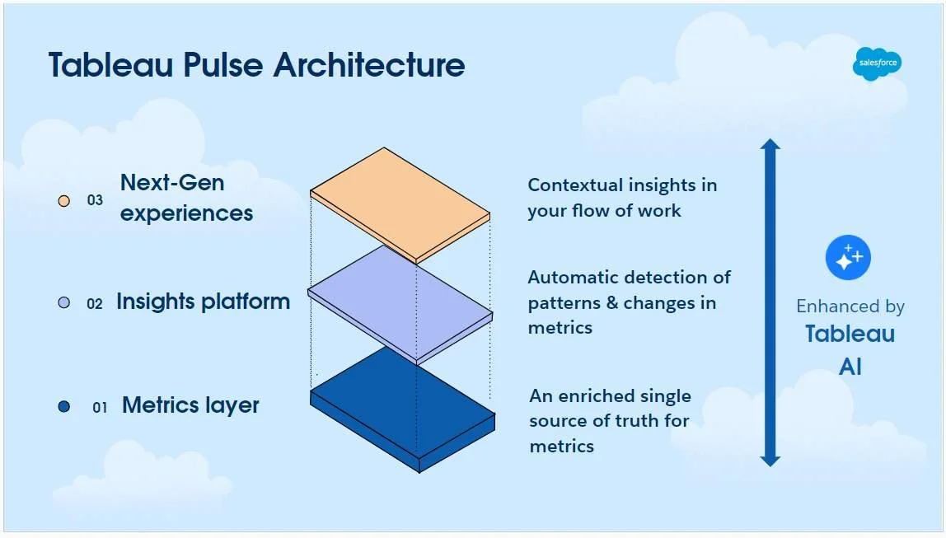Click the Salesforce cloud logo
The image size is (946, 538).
(877, 63)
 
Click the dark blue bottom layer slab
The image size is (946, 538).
(403, 409)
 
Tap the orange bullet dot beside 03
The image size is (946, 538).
(64, 200)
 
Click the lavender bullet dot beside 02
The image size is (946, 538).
(64, 303)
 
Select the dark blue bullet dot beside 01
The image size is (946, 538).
(64, 406)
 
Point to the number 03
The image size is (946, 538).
(96, 200)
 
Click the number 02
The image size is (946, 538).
(95, 304)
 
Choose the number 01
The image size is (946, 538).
(100, 407)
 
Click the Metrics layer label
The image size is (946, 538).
(190, 405)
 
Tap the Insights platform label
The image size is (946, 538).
(203, 302)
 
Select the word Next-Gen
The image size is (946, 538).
(172, 182)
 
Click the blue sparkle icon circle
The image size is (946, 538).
(848, 258)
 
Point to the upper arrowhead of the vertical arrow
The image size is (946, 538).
(770, 147)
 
